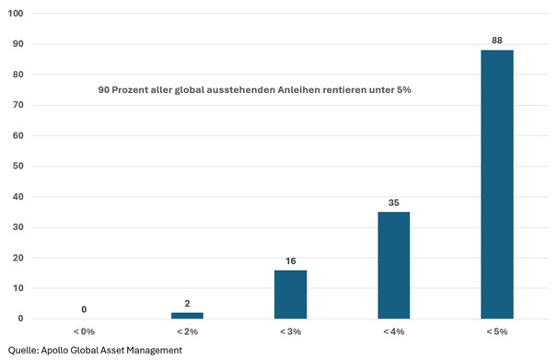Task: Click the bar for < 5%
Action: click(x=497, y=184)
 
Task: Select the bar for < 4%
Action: click(x=394, y=265)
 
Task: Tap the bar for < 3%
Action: click(x=291, y=295)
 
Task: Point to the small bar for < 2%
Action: click(x=187, y=316)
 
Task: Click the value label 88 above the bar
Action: click(x=497, y=41)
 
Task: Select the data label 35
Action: click(x=394, y=203)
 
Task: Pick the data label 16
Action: click(x=291, y=261)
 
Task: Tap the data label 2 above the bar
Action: click(x=187, y=304)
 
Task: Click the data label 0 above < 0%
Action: click(x=84, y=309)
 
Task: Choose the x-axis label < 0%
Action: click(x=84, y=331)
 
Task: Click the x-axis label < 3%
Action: click(x=291, y=331)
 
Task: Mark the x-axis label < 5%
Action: click(x=497, y=331)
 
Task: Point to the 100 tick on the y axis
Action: click(x=16, y=14)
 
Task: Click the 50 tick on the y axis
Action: click(x=18, y=166)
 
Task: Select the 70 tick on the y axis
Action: click(x=18, y=105)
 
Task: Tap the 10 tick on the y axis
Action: click(x=18, y=288)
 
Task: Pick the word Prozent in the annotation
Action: click(x=130, y=90)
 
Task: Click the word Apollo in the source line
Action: click(x=54, y=351)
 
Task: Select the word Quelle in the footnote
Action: click(x=23, y=351)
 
